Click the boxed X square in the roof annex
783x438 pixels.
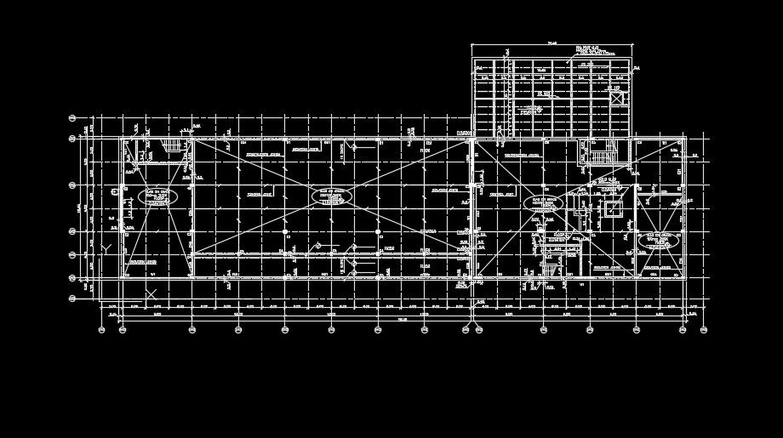(616, 98)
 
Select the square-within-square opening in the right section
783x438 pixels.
(611, 209)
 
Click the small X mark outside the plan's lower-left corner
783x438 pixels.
(151, 293)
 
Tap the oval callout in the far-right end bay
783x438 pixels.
(658, 242)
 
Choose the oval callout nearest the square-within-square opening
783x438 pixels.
(546, 204)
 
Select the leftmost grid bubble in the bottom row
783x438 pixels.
(101, 330)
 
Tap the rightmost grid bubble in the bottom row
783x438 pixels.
(705, 330)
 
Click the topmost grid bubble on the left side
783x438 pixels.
(72, 118)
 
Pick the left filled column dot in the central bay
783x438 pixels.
(284, 230)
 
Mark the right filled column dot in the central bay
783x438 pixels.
(376, 230)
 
